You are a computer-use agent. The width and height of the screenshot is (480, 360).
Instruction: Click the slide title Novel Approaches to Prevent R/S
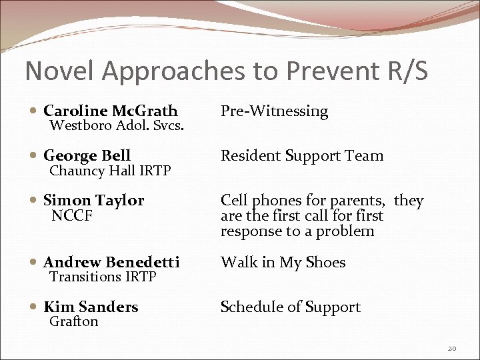click(226, 71)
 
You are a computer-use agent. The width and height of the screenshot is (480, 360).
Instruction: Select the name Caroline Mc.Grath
click(110, 111)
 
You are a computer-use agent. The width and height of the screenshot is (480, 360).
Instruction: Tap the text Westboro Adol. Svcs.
click(117, 125)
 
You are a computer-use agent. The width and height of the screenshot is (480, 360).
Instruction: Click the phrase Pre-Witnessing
click(274, 111)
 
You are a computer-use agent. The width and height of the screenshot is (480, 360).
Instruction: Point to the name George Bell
click(87, 156)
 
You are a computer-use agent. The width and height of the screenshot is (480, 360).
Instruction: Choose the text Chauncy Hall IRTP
click(110, 171)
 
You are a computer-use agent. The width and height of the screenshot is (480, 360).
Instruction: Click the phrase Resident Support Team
click(302, 156)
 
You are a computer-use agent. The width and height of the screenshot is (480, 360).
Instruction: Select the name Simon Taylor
click(93, 201)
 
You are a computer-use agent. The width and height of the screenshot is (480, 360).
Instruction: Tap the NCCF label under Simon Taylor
click(72, 216)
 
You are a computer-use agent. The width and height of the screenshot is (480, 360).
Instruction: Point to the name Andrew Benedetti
click(111, 263)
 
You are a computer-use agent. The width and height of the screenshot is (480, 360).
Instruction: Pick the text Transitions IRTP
click(103, 277)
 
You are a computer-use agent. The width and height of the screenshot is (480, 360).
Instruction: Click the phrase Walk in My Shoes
click(283, 263)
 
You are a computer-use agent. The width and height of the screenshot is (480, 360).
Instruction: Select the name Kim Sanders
click(91, 307)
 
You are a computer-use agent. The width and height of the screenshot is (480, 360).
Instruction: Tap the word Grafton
click(74, 321)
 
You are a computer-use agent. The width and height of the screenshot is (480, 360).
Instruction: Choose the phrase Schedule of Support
click(290, 307)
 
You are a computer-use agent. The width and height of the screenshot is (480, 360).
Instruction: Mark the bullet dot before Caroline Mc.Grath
click(34, 111)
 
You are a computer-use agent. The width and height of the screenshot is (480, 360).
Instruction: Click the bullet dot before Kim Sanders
click(34, 307)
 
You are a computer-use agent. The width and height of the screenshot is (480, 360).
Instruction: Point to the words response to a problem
click(297, 231)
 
